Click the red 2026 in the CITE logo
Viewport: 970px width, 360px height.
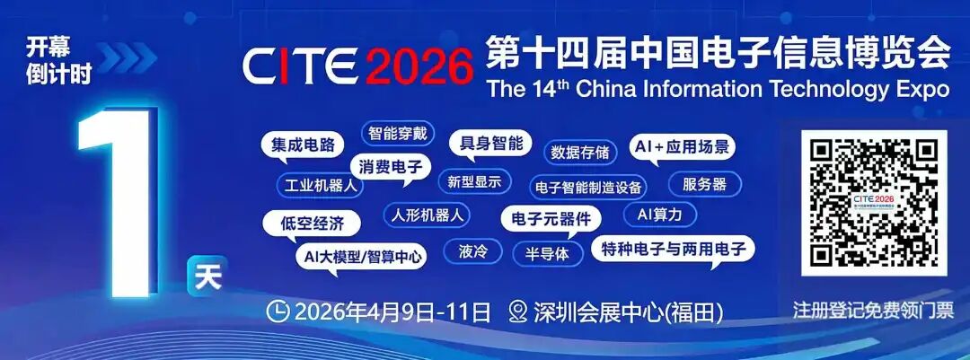(x=419, y=66)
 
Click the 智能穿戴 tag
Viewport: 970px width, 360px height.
(x=398, y=133)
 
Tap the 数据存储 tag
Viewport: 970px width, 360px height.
(x=579, y=152)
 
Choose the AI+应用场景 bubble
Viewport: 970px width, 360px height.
(x=682, y=148)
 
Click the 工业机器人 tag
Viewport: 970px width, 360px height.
(x=320, y=186)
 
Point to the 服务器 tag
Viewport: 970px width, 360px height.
(x=705, y=184)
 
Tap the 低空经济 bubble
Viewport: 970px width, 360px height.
(x=312, y=224)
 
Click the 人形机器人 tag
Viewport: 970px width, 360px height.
(x=427, y=215)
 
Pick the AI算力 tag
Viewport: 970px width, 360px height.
(x=659, y=215)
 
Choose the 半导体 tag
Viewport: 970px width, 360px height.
(x=547, y=253)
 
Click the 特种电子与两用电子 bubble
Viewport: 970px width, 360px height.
(x=673, y=250)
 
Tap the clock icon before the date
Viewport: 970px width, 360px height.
(x=278, y=312)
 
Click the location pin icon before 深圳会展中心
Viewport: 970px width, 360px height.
(x=518, y=312)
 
